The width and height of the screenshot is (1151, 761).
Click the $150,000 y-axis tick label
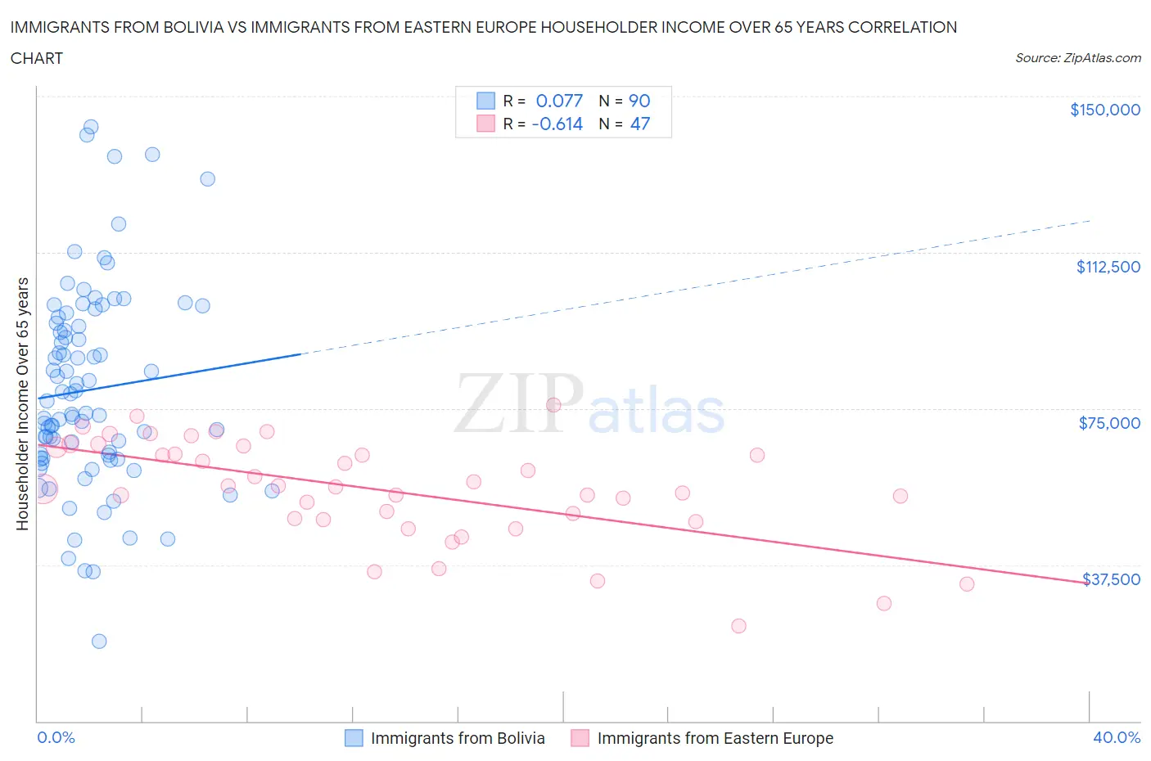(1104, 110)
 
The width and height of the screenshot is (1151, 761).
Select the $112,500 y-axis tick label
(1108, 267)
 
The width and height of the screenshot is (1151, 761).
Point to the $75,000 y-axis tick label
(1109, 423)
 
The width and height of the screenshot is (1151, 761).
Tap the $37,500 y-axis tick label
(1111, 579)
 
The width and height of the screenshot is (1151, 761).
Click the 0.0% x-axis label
(56, 737)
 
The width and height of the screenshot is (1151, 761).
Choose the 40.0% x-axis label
(1117, 737)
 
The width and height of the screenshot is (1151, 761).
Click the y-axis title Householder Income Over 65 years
(23, 403)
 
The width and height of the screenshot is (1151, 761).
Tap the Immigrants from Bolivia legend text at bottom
(458, 738)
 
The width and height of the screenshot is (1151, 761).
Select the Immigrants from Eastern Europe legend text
(715, 738)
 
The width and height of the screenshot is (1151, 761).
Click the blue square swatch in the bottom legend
(354, 738)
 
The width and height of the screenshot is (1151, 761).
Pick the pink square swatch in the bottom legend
(580, 738)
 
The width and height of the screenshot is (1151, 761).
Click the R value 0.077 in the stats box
(559, 101)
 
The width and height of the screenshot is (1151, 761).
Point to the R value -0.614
(557, 124)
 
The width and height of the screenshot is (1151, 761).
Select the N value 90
(639, 101)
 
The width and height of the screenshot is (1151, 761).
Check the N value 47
(639, 124)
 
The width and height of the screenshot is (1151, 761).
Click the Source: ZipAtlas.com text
(1077, 57)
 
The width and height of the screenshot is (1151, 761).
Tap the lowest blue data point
(99, 641)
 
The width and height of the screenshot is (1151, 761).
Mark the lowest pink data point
(738, 626)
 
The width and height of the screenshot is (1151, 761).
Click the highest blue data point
(91, 127)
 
